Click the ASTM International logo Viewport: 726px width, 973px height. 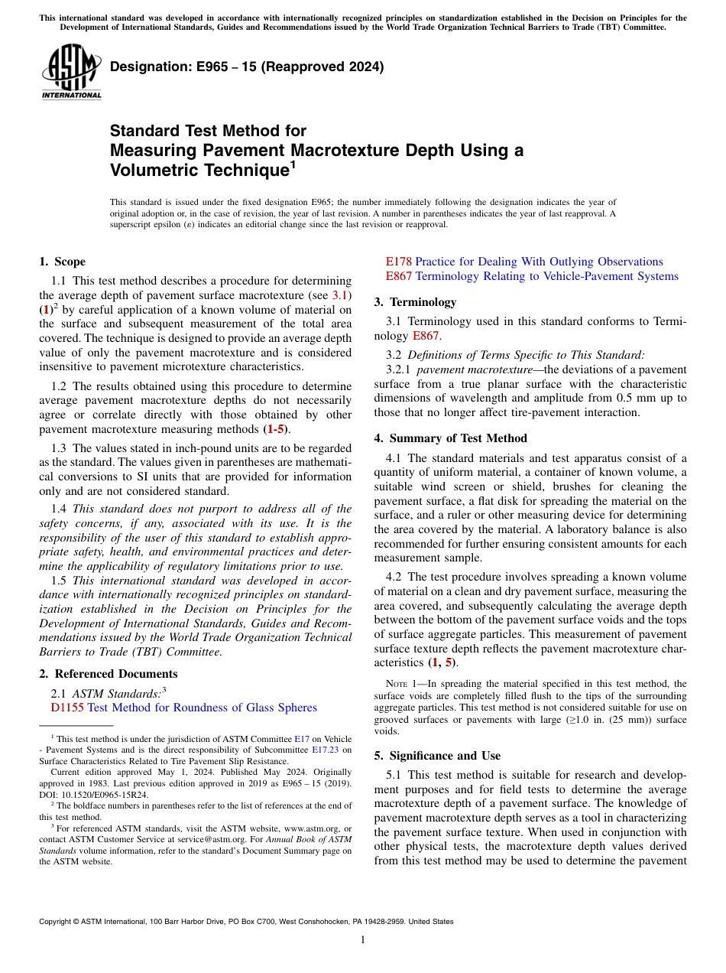point(71,72)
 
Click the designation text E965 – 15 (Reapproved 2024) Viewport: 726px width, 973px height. point(247,67)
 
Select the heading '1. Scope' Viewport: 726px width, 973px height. point(63,262)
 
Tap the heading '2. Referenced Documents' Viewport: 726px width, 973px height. point(109,674)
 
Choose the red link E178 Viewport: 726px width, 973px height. point(398,262)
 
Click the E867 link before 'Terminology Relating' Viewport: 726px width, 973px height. point(398,276)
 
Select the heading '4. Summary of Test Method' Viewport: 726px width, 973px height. point(451,438)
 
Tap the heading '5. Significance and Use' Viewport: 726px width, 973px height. point(437,756)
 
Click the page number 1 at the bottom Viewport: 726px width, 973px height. point(363,939)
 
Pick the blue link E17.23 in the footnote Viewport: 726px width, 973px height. point(325,750)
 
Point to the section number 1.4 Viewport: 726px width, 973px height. point(60,509)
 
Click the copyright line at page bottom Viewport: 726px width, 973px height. point(246,922)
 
